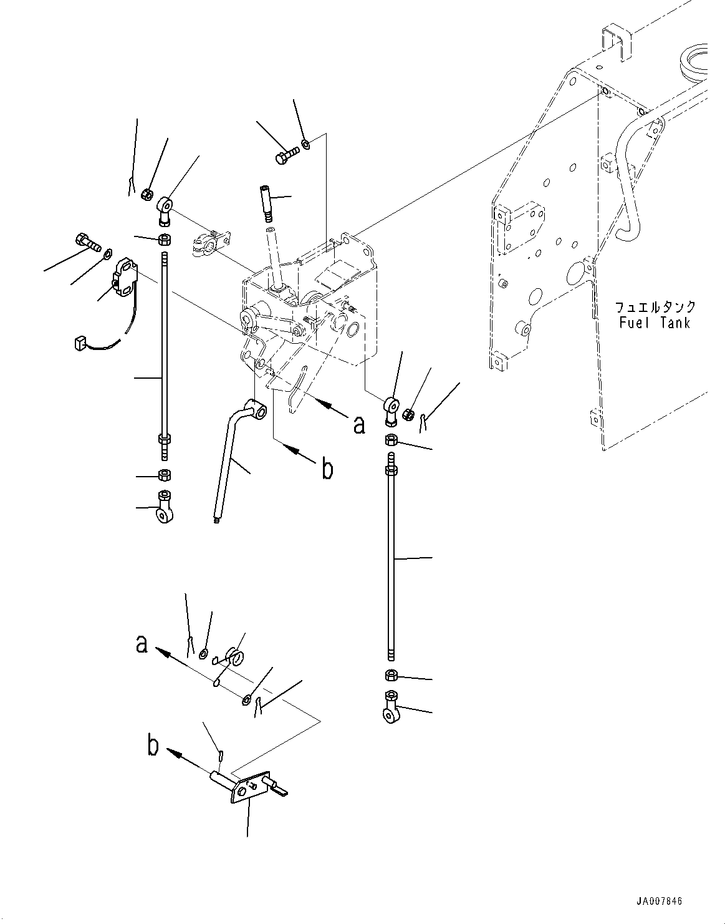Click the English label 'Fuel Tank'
click(655, 323)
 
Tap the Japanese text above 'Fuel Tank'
click(655, 307)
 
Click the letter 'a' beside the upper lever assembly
click(358, 425)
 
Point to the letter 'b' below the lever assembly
click(327, 469)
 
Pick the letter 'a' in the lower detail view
click(142, 643)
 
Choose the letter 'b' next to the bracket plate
click(153, 746)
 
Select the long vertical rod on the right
click(390, 562)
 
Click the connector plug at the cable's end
click(79, 341)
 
